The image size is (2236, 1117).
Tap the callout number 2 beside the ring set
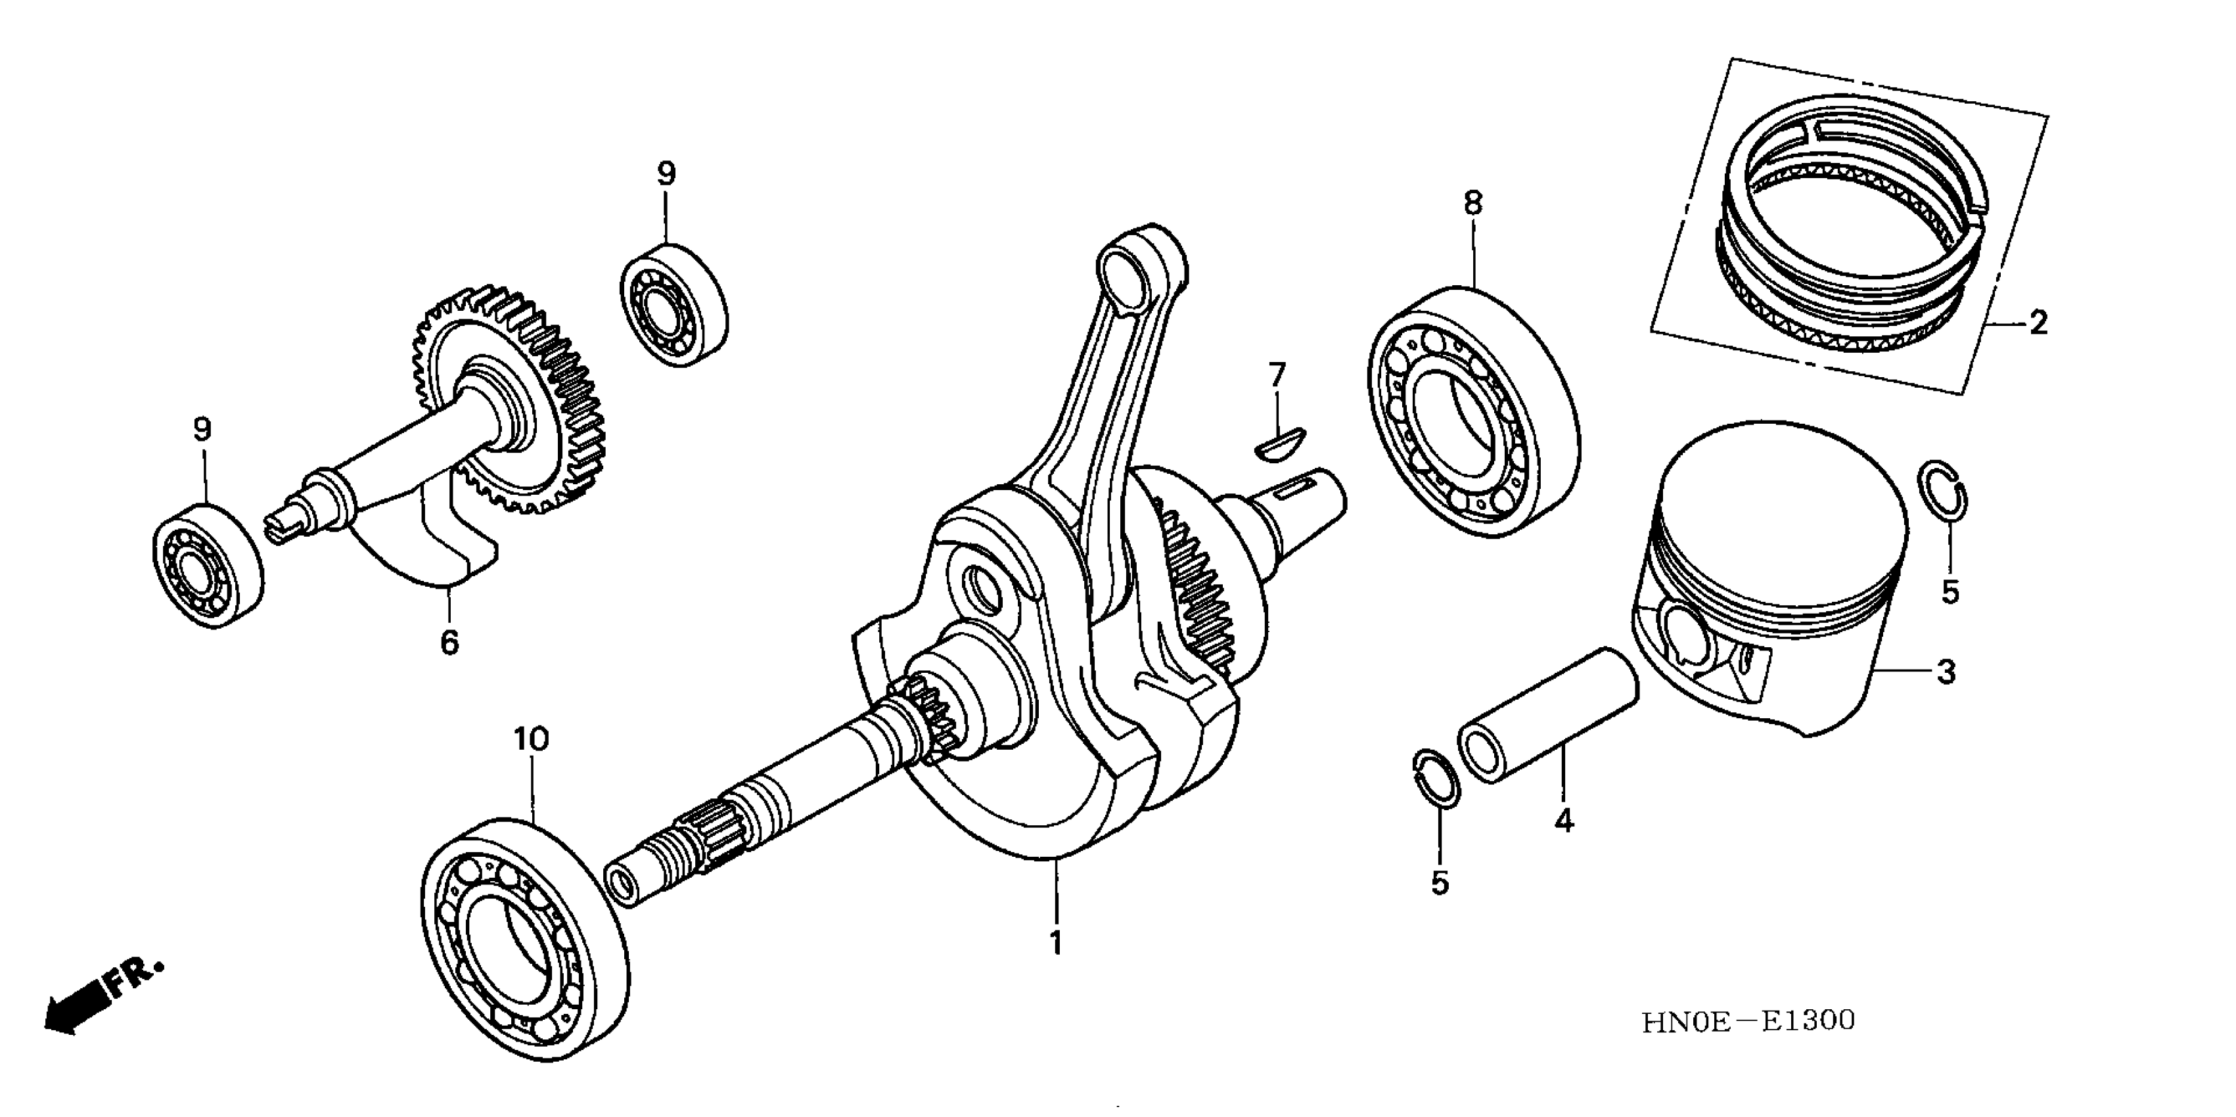point(2039,324)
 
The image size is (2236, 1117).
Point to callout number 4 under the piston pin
point(1563,820)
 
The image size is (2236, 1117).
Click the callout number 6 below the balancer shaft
point(449,643)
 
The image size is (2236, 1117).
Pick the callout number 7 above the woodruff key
point(1276,376)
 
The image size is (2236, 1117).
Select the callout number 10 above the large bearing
point(531,739)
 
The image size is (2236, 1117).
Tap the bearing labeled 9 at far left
point(208,564)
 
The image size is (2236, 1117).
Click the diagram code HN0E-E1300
point(1747,1020)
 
